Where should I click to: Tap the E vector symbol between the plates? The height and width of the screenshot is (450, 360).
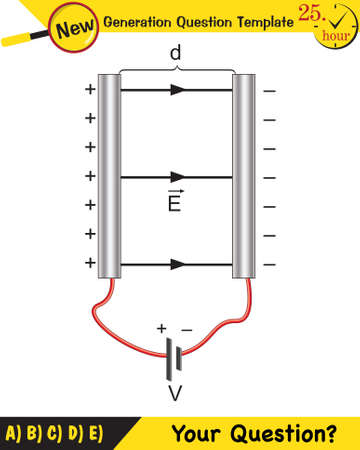tap(174, 204)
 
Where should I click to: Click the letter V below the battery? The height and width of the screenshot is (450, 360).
tap(175, 394)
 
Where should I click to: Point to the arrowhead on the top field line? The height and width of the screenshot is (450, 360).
tap(177, 89)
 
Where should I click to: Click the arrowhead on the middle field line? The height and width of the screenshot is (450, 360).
tap(177, 177)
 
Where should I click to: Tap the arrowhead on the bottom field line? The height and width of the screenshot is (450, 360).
tap(177, 265)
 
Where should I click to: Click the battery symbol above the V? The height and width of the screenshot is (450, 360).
tap(176, 354)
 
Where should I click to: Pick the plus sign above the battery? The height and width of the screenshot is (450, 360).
tap(160, 327)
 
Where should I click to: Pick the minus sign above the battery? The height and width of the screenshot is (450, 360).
tap(186, 327)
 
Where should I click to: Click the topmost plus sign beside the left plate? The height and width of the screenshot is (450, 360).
tap(90, 89)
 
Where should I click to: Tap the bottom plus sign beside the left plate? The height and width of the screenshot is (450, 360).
tap(90, 264)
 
